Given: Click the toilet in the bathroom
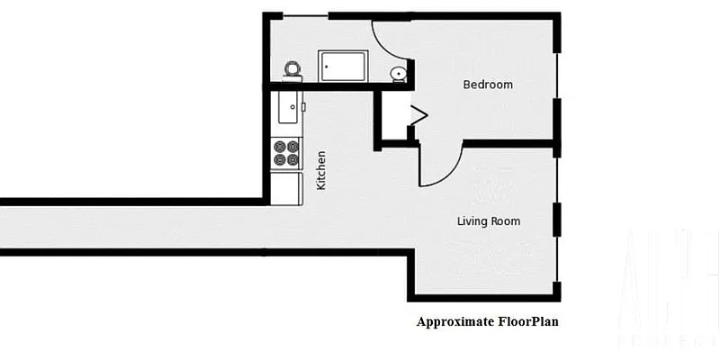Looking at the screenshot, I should (x=292, y=69).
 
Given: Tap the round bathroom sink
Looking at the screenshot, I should (x=398, y=73).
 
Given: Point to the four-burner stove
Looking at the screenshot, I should (x=286, y=153).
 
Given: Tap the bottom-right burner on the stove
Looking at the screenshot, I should (x=292, y=160).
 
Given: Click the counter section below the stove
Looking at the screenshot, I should (x=286, y=186).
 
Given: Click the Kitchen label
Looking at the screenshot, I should (x=321, y=169).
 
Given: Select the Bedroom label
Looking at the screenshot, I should (x=488, y=85).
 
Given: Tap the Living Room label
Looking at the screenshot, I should (x=488, y=221).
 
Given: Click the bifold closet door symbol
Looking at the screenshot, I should (x=418, y=114).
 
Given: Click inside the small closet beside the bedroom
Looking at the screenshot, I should (x=392, y=115).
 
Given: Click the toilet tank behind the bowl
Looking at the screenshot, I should (x=292, y=78).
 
